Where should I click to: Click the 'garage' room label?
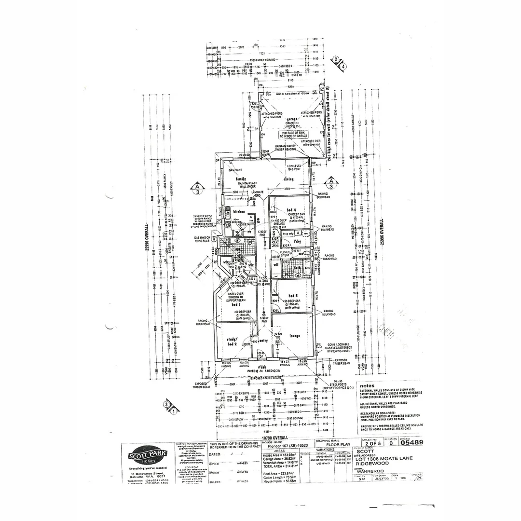point(291,119)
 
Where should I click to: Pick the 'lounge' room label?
point(295,336)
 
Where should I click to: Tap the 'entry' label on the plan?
point(263,341)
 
